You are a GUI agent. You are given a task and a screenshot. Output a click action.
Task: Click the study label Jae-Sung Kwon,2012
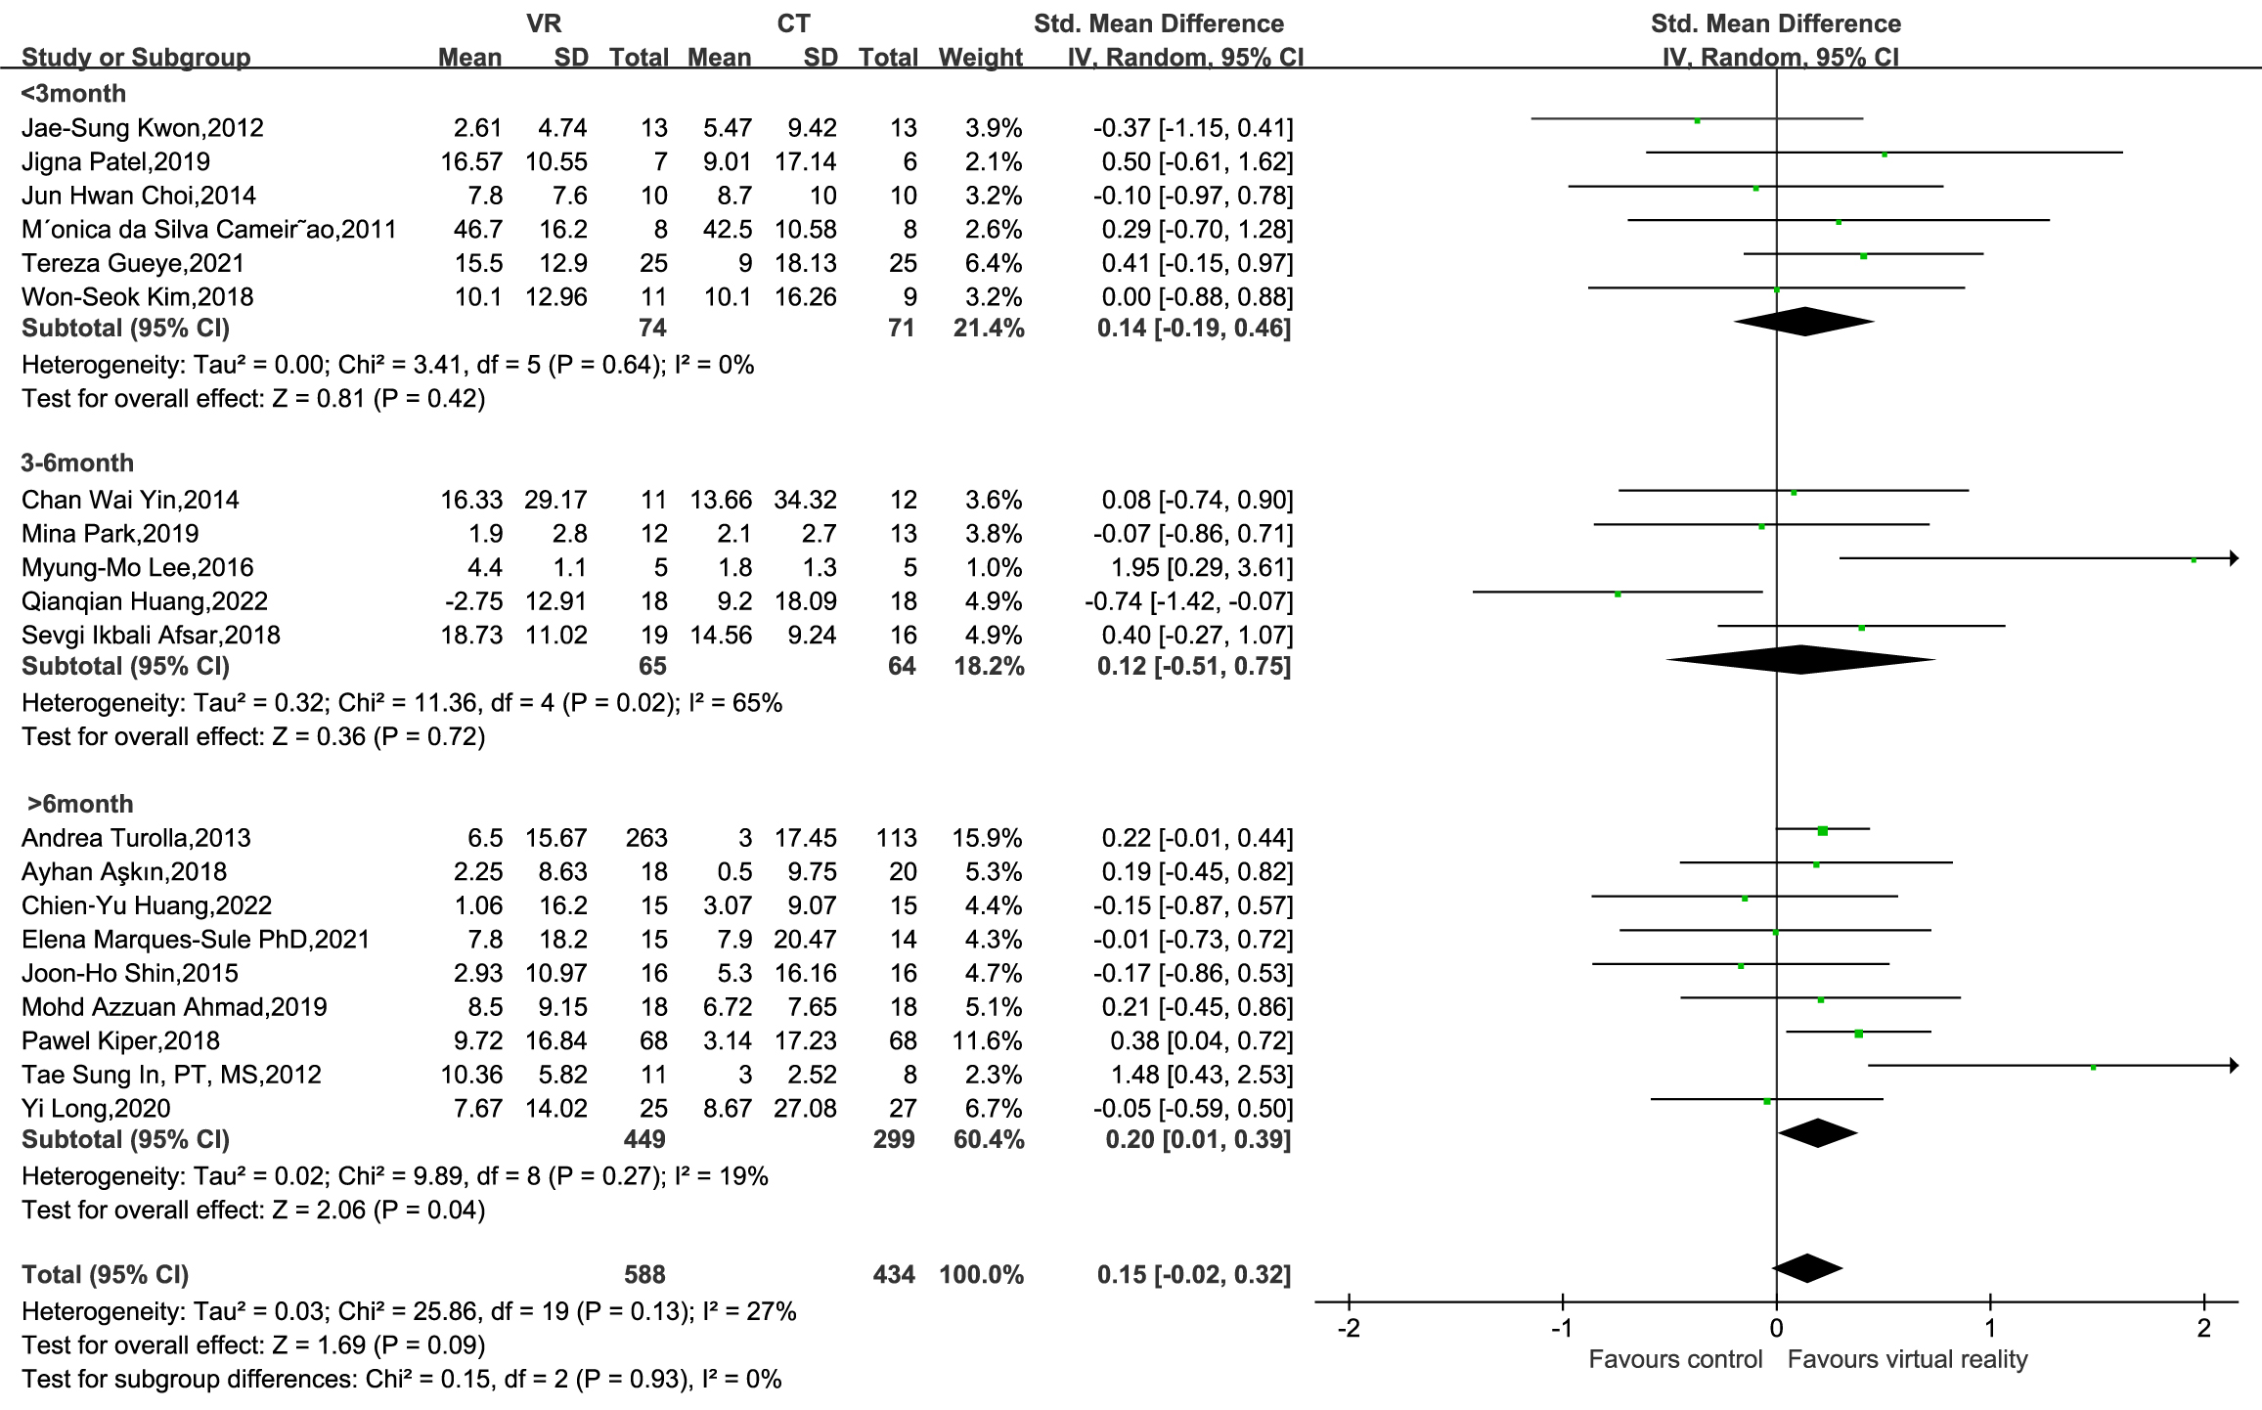pos(143,128)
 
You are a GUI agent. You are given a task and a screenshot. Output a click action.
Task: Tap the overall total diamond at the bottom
pos(1807,1268)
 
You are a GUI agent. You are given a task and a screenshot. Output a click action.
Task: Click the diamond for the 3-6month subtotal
pos(1800,660)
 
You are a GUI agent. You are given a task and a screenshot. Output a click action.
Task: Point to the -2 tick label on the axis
pos(1349,1329)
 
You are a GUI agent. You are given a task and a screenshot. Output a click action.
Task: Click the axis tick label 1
pos(1990,1329)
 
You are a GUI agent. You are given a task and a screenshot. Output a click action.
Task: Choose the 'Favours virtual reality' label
pos(1907,1359)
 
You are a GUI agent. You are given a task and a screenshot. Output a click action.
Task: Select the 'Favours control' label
pos(1675,1359)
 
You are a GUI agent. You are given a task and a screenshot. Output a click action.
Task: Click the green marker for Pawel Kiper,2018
pos(1858,1033)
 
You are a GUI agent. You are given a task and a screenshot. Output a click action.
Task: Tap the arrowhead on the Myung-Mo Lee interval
pos(2234,558)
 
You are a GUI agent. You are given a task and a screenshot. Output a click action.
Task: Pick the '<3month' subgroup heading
pos(73,94)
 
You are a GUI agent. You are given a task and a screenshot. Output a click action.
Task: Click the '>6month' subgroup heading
pos(80,804)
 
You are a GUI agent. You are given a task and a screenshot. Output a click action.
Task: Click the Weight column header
pos(980,58)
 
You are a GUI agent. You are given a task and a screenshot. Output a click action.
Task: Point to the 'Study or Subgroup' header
pos(136,58)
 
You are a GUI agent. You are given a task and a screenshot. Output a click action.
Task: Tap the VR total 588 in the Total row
pos(644,1274)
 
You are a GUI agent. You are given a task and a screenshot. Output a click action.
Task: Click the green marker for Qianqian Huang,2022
pos(1618,594)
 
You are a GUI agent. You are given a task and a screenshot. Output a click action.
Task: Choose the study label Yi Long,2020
pos(96,1108)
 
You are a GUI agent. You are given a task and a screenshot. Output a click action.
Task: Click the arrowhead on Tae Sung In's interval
pos(2234,1066)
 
